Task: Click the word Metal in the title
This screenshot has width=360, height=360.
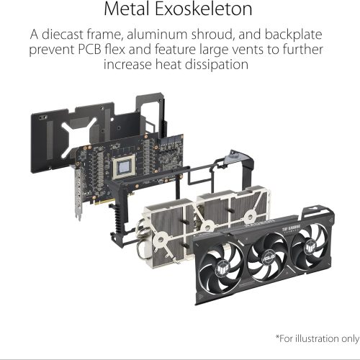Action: [127, 9]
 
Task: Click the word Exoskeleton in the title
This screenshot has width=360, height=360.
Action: [204, 9]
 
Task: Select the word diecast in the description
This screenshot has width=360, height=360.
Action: [63, 35]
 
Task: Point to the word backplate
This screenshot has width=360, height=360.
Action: [293, 35]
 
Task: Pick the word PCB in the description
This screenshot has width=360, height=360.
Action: [89, 50]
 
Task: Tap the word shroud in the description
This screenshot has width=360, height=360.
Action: [212, 35]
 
